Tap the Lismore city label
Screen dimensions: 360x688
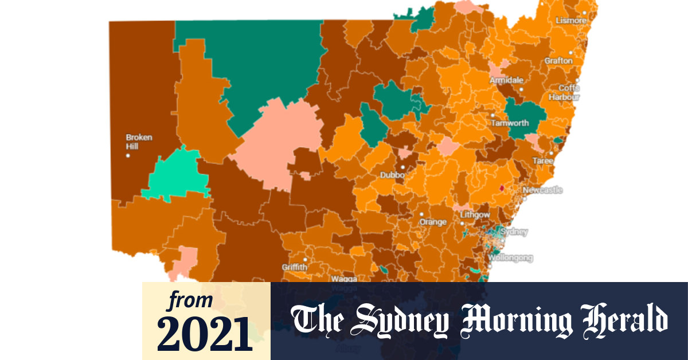(571, 21)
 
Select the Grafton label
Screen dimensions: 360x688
(558, 60)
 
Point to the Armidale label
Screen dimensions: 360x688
(506, 80)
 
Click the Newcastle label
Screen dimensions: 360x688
(542, 190)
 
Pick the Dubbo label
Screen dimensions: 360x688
(392, 175)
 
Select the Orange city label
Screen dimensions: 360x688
(433, 222)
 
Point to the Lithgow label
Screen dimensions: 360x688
(475, 215)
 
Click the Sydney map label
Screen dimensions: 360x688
(514, 232)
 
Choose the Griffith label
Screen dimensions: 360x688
(295, 268)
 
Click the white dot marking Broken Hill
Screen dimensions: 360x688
(128, 155)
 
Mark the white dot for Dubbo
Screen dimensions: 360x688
(402, 167)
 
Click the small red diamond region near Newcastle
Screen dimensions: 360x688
(501, 188)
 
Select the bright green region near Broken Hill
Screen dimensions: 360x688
(175, 174)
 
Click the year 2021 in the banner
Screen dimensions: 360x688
(205, 331)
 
